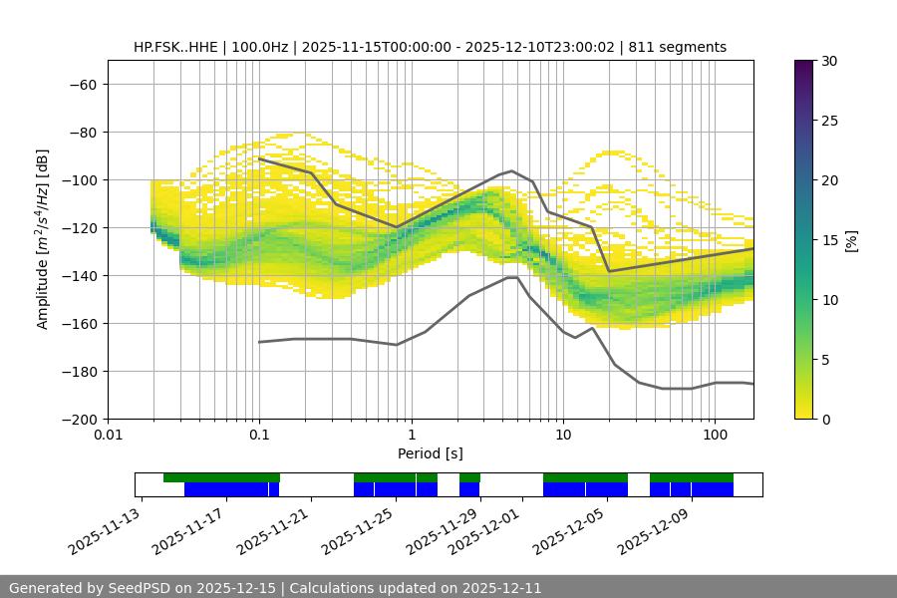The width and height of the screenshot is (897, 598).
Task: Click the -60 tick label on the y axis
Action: [x=82, y=85]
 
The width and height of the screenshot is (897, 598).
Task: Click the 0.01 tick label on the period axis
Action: [x=108, y=436]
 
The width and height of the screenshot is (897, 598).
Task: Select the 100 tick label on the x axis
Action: [x=715, y=436]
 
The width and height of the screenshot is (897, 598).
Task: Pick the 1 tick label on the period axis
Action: [x=411, y=436]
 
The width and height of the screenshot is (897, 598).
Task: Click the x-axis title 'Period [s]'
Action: [x=431, y=453]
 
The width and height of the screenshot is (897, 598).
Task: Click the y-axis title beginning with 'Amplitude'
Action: [x=43, y=239]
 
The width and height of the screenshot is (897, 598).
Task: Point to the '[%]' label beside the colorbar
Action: [x=851, y=240]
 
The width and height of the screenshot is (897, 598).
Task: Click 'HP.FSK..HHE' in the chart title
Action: [x=174, y=47]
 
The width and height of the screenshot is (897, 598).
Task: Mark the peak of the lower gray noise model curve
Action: [x=511, y=277]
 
